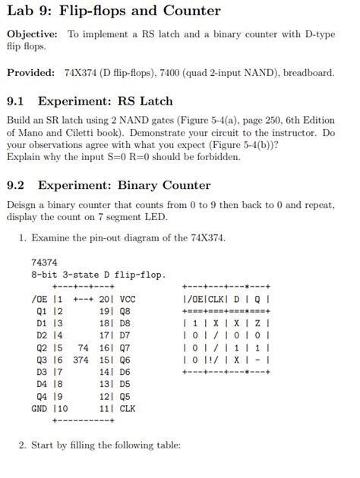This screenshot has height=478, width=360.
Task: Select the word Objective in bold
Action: (32, 34)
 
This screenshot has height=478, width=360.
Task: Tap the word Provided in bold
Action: (30, 73)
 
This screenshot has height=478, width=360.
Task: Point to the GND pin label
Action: (39, 407)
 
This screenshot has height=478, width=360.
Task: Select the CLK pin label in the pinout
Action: (127, 407)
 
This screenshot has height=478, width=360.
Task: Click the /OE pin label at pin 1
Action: (39, 299)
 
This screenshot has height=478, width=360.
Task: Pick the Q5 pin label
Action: (125, 396)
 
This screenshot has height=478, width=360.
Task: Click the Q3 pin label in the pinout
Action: (42, 360)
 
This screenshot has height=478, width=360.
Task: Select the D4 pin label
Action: (42, 385)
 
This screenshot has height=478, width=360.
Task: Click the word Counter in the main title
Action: (191, 11)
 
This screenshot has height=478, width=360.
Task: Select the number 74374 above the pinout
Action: (45, 262)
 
